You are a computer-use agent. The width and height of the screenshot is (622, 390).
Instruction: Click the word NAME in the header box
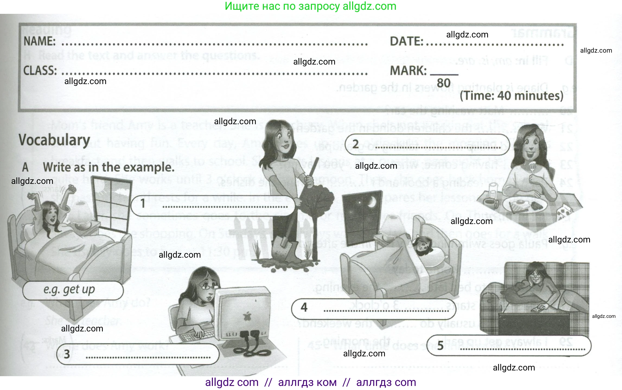(40, 41)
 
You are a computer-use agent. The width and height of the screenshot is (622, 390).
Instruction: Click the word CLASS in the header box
(40, 71)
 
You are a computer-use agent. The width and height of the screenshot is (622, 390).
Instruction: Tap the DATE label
(406, 41)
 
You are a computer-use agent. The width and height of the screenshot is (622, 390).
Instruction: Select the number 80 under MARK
(444, 83)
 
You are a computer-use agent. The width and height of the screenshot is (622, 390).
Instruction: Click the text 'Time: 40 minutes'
(511, 96)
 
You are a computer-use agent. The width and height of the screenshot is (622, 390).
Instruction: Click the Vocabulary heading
(54, 140)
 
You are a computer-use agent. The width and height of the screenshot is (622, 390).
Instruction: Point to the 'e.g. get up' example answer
(69, 290)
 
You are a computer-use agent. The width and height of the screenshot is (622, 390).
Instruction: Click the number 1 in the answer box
(143, 203)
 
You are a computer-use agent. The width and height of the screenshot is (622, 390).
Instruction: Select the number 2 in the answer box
(355, 144)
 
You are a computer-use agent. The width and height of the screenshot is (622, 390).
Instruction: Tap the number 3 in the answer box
(67, 354)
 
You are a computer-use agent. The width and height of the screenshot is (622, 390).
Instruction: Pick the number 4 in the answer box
(304, 308)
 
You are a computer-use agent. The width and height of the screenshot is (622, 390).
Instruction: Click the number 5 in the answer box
(440, 346)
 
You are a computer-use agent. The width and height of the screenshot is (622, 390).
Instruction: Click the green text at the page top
(311, 6)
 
